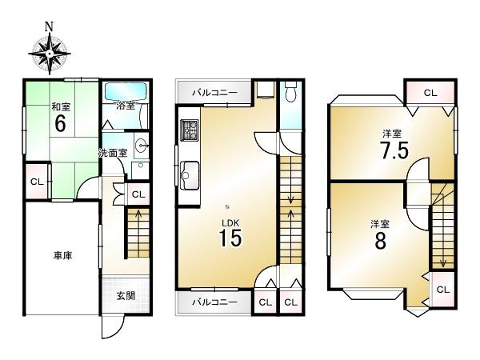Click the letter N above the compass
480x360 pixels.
tap(49, 26)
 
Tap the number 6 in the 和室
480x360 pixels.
tap(59, 124)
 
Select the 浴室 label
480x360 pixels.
tap(125, 105)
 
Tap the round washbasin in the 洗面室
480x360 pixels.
tap(142, 146)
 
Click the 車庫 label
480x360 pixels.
tap(62, 257)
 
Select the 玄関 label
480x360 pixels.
tap(125, 296)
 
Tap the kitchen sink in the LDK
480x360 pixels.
tap(189, 172)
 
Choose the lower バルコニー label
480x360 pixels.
tap(213, 302)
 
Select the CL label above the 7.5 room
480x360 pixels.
tap(430, 93)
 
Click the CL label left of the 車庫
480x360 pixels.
tap(36, 182)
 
